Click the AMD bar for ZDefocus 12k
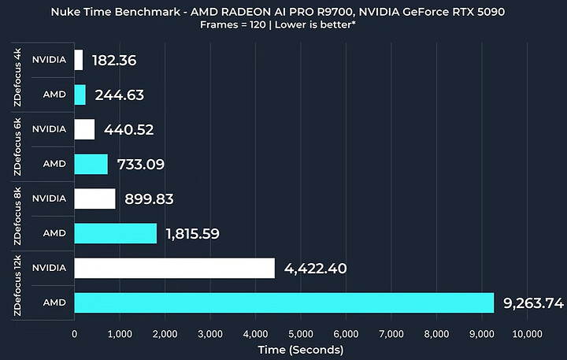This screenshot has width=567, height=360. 283,302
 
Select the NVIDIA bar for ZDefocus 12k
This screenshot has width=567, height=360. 174,268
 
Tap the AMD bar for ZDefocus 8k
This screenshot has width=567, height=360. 115,233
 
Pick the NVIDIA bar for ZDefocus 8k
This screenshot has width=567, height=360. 94,199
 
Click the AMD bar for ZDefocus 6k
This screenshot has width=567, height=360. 91,164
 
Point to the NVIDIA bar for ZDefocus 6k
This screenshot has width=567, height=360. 84,129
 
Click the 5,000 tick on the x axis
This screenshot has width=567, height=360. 301,334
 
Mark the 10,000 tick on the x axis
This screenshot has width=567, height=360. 527,334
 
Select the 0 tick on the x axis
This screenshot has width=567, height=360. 74,334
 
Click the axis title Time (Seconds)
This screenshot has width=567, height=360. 301,349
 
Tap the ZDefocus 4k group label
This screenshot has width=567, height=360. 17,77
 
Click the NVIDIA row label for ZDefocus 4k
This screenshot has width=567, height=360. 49,60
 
